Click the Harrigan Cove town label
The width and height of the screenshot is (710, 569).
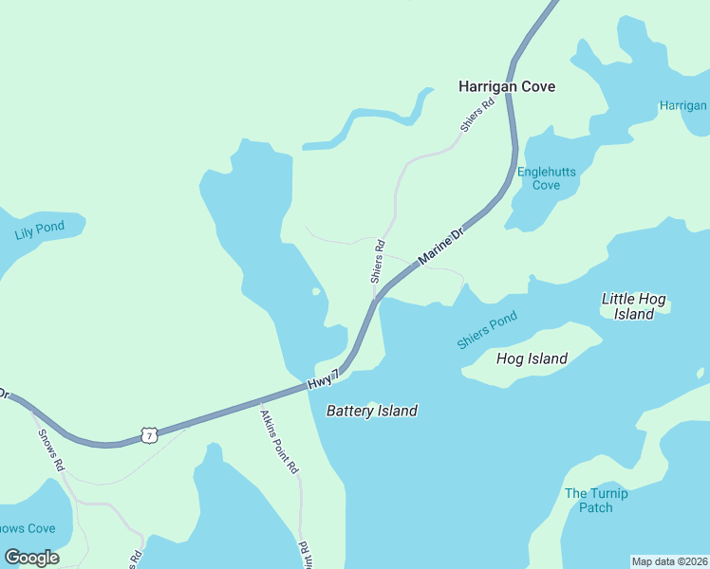point(507,86)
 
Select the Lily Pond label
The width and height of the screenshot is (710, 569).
point(40,229)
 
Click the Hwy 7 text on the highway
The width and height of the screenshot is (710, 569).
point(323,380)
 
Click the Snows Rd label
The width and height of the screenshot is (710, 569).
point(50,450)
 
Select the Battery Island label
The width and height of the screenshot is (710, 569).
point(372,411)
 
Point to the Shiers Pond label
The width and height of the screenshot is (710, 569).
point(487,330)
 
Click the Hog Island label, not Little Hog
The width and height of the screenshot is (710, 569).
point(532,358)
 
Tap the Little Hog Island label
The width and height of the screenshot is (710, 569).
point(634,305)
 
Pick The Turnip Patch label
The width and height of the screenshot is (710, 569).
point(596,500)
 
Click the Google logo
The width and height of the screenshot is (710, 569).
point(31,557)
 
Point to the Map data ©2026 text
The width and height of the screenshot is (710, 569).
point(669,561)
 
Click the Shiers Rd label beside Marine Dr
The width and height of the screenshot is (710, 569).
point(378,262)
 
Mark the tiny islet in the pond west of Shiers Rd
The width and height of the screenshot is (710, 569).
point(316,291)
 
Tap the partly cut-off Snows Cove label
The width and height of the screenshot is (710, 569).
point(27,528)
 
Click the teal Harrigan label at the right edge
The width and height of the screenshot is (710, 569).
point(683,105)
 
